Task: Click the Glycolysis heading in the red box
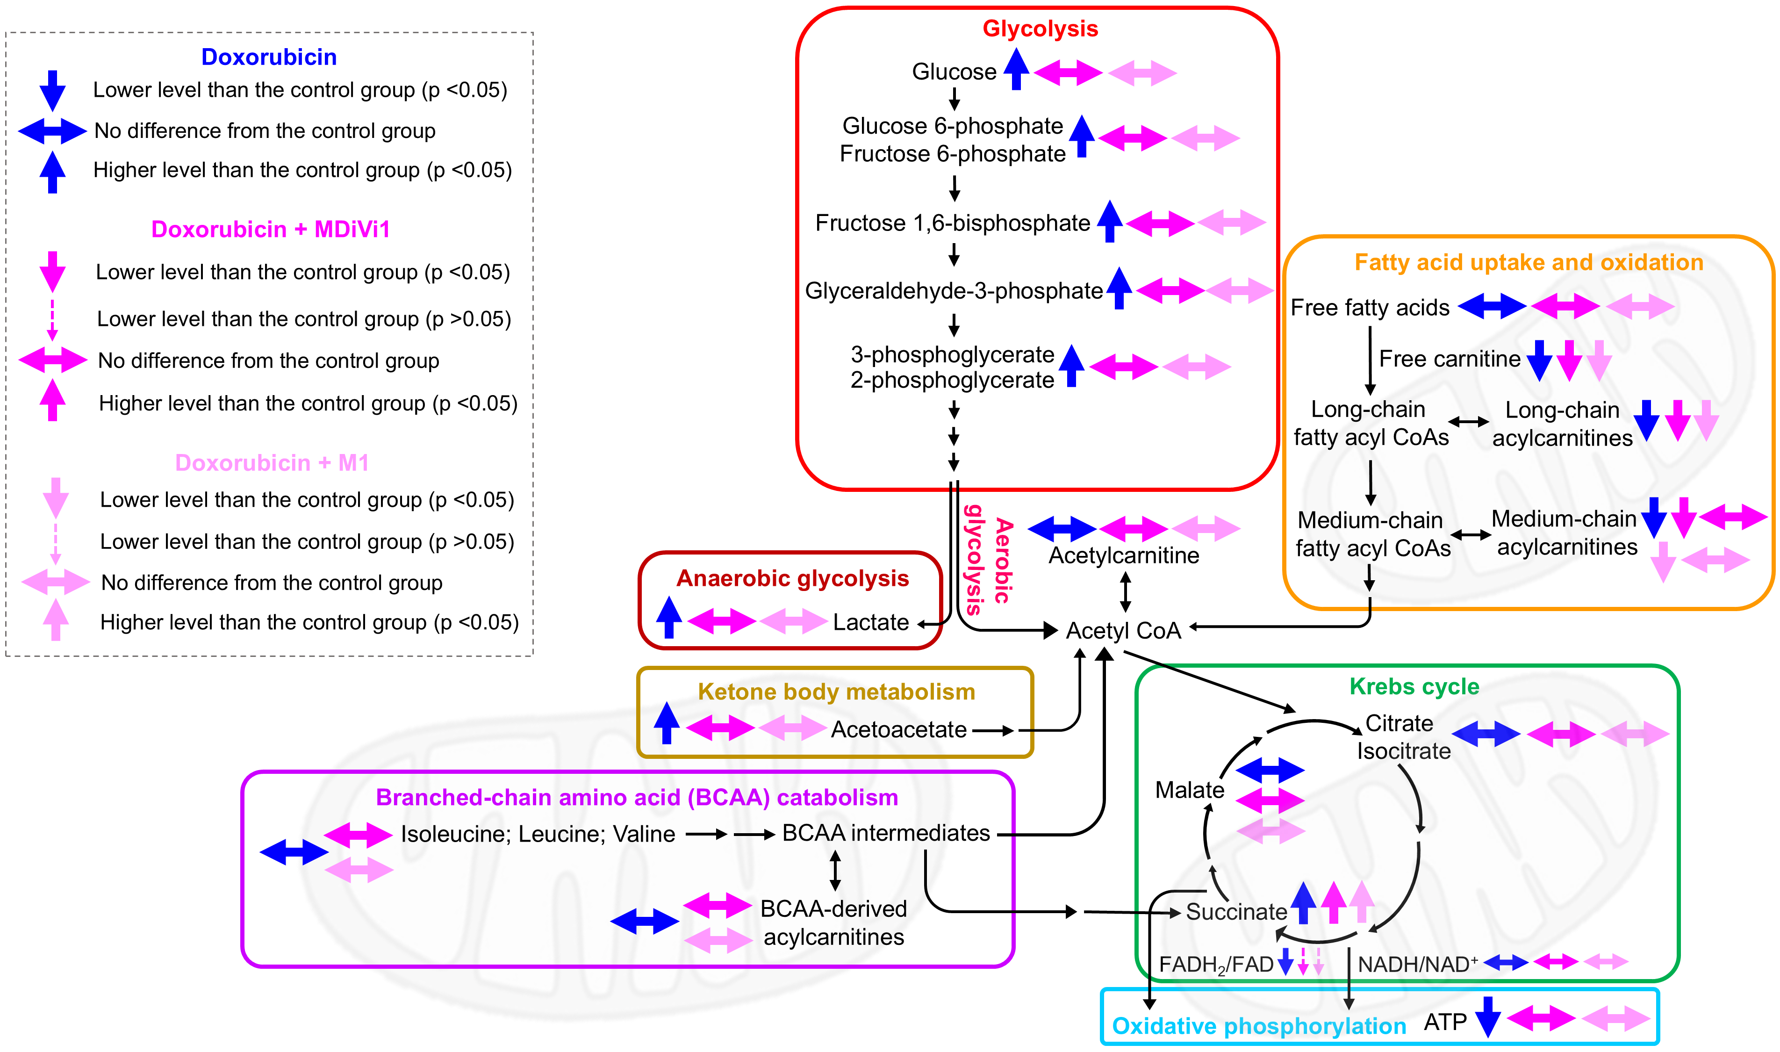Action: [x=1040, y=29]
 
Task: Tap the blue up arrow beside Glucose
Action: [x=1016, y=69]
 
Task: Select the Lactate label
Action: [x=870, y=622]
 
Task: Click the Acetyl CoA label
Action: [x=1123, y=630]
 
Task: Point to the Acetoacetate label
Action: [x=898, y=729]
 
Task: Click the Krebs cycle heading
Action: [x=1414, y=686]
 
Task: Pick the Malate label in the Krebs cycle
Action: [x=1189, y=790]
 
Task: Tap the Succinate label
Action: [x=1236, y=912]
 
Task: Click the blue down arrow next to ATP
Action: [x=1487, y=1016]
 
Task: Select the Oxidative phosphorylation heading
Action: [x=1258, y=1026]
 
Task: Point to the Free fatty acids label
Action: [x=1370, y=308]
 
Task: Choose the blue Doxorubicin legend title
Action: [x=269, y=57]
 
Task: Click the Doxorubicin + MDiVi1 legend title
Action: [x=270, y=229]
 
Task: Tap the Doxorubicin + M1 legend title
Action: [x=272, y=463]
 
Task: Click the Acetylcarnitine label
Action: [x=1124, y=555]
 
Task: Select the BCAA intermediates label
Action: [x=886, y=833]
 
